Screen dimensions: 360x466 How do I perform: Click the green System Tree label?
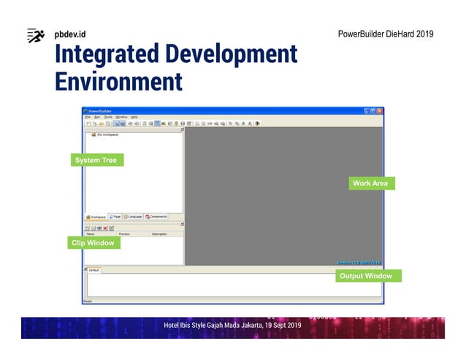tap(97, 160)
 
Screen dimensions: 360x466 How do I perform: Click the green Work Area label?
tap(370, 183)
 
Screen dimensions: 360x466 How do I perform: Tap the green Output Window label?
tap(366, 276)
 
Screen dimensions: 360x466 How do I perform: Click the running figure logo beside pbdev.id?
tap(36, 35)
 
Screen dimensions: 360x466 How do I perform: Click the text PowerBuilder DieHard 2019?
tap(386, 35)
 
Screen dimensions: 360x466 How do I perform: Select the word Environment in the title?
tap(118, 80)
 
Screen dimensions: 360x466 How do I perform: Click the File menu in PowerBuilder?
tap(87, 117)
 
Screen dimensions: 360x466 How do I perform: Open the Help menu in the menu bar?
tap(134, 117)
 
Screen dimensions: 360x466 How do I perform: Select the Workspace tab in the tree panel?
tap(96, 217)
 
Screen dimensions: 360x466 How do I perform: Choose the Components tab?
tap(156, 217)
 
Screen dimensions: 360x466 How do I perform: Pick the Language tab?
tap(133, 217)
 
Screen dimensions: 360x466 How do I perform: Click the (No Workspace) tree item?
tap(107, 134)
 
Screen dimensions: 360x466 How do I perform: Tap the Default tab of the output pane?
tap(93, 270)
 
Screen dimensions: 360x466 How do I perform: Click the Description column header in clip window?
tap(159, 234)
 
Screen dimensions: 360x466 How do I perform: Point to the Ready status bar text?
tap(88, 300)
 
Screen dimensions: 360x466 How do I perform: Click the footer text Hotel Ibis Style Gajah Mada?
tap(232, 325)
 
